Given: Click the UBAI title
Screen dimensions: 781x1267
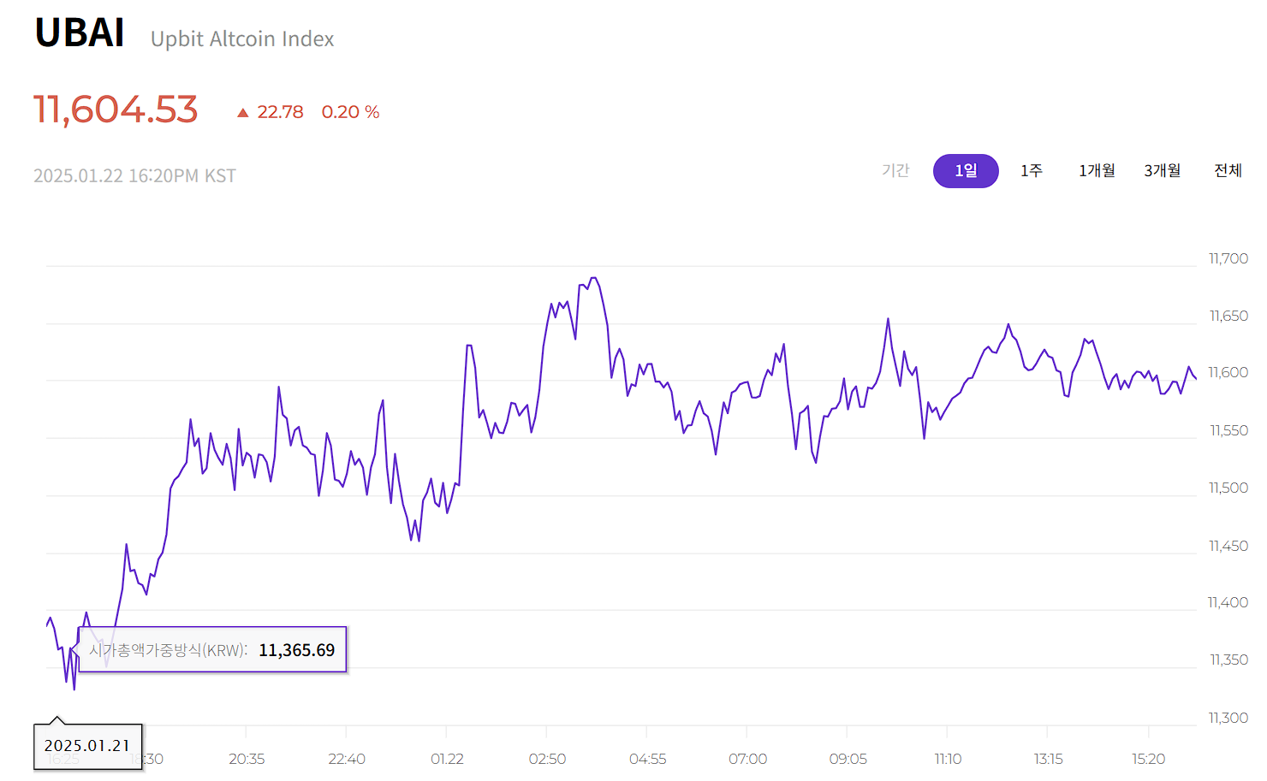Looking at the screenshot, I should (80, 33).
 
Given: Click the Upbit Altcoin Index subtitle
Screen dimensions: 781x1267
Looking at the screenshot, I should (242, 39).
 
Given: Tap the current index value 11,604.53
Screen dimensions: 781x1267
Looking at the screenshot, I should (116, 110).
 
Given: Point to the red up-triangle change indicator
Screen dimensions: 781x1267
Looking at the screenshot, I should (243, 112).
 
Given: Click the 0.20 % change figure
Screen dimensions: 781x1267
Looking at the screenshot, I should (350, 112).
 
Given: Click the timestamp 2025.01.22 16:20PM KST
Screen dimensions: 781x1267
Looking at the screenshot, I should (134, 175).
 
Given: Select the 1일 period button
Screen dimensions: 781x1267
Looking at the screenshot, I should (966, 171).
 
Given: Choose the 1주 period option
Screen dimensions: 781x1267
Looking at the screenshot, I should (1032, 171).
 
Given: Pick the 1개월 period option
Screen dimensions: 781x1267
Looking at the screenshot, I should (1097, 171).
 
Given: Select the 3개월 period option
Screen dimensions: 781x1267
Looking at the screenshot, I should (1163, 171).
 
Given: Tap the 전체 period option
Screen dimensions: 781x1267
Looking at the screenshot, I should (1228, 171).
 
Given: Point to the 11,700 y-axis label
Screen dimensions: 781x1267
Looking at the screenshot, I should (1228, 258).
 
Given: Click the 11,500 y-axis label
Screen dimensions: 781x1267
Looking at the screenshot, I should (1228, 488).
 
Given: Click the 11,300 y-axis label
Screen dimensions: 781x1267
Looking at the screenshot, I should (1228, 718).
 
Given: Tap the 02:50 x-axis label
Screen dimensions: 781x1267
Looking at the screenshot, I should (547, 759).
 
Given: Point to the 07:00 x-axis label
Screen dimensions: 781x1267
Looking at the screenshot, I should (747, 759).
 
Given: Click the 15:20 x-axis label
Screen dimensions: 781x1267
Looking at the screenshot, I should (1148, 759).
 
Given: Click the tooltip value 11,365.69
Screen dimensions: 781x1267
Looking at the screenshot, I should (296, 650).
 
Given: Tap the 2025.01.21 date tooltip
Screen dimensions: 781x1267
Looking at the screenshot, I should (87, 746).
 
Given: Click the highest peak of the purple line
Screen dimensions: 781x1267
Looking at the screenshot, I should (594, 278).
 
